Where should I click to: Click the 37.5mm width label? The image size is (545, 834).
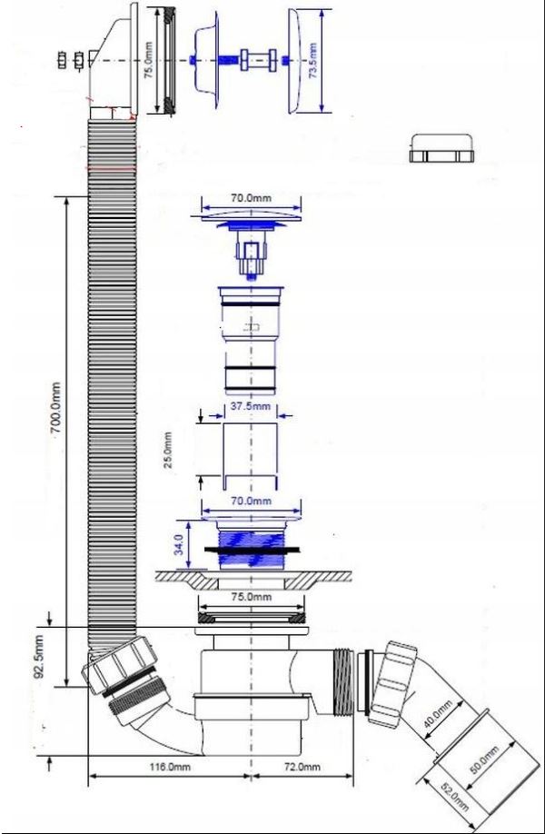point(251,407)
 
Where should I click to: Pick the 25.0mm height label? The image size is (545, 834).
point(168,450)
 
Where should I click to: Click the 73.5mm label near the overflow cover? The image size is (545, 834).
point(312,61)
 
